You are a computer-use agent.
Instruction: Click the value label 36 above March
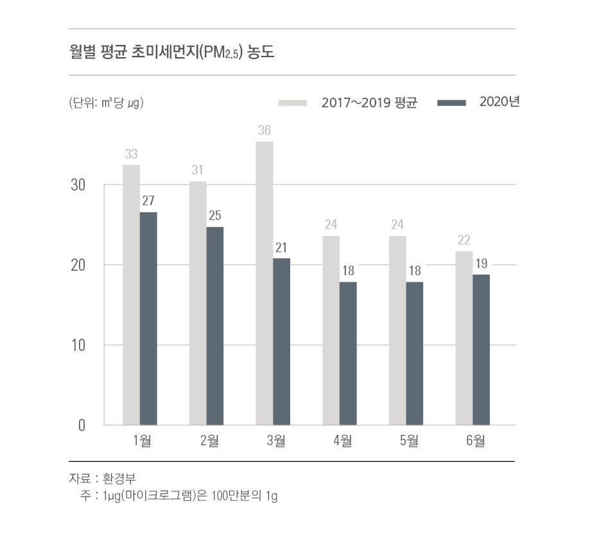point(265,131)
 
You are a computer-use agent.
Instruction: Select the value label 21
point(281,248)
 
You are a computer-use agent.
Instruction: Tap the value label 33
point(131,154)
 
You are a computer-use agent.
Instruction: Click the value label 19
point(481,264)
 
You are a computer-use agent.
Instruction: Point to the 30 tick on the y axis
point(78,185)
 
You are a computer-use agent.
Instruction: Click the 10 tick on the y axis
point(78,345)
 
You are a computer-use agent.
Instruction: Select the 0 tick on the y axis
point(82,425)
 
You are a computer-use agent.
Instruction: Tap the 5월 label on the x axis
point(406,441)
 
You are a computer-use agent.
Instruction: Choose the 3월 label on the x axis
point(273,441)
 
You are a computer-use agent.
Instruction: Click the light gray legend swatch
point(293,103)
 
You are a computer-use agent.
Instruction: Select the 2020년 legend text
point(499,102)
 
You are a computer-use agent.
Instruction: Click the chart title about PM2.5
point(171,53)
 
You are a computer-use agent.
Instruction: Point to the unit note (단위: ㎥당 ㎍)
point(106,103)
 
